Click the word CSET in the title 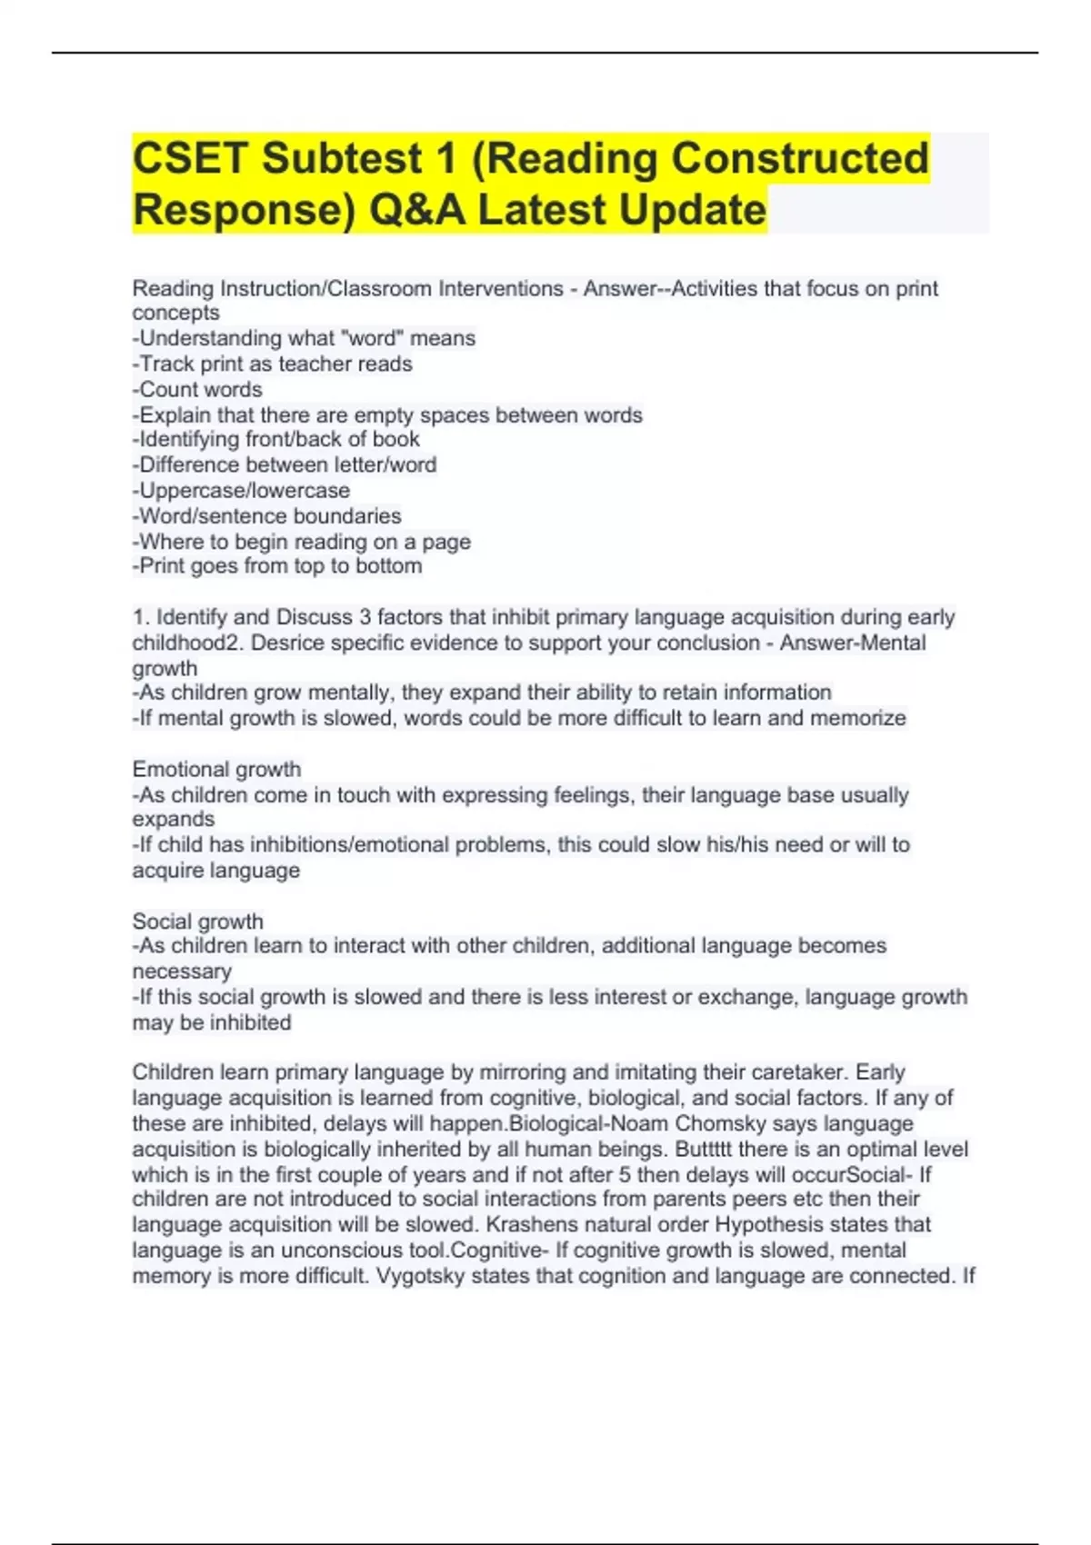[188, 158]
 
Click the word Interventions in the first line [501, 288]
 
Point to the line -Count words [197, 389]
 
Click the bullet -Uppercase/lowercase [241, 490]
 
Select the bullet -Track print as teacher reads [272, 364]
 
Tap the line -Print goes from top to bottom [277, 565]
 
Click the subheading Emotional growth [216, 769]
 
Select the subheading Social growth [197, 921]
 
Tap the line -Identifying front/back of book [275, 439]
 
